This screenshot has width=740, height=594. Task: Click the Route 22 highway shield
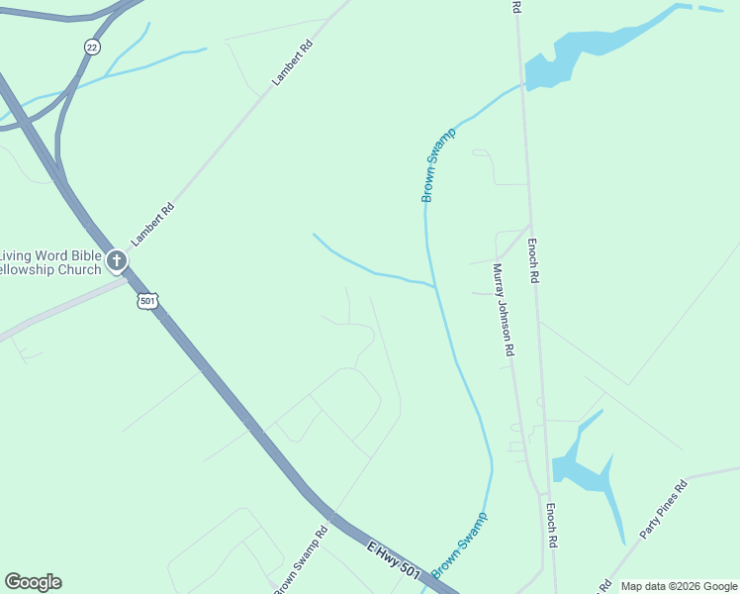92,47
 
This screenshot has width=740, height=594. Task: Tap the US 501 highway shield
147,300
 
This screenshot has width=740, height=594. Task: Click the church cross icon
117,261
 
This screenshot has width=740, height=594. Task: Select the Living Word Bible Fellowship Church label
51,262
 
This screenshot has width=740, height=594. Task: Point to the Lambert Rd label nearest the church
153,224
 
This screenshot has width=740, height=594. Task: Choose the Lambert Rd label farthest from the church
293,62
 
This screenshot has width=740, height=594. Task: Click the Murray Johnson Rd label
505,309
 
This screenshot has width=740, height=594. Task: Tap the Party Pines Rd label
663,510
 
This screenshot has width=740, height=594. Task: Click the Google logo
33,582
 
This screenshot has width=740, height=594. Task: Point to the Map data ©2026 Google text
680,586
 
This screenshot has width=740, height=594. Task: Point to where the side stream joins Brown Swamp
434,287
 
